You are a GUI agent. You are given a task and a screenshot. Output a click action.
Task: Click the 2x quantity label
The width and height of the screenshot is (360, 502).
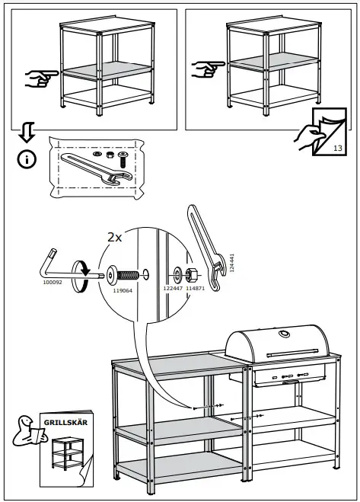(x=114, y=237)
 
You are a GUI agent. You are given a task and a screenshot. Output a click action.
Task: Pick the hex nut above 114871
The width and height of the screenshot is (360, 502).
(x=193, y=273)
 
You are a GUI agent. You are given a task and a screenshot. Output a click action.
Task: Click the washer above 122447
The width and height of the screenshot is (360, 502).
(x=176, y=273)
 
